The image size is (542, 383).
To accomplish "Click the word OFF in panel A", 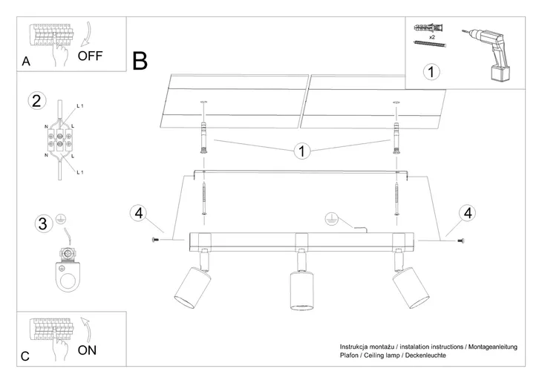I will coord(90,56).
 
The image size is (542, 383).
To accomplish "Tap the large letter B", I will coord(140,60).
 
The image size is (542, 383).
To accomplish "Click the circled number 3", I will coord(43,223).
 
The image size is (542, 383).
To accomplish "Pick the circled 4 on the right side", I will coord(467,214).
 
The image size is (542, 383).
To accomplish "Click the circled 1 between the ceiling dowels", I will coord(301,151).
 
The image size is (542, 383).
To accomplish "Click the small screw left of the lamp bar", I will coord(156,240).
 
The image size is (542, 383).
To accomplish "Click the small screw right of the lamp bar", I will coord(460,239).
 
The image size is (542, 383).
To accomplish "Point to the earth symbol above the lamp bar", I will coord(331,219).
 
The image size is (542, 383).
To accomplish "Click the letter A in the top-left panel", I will coord(26,62).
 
